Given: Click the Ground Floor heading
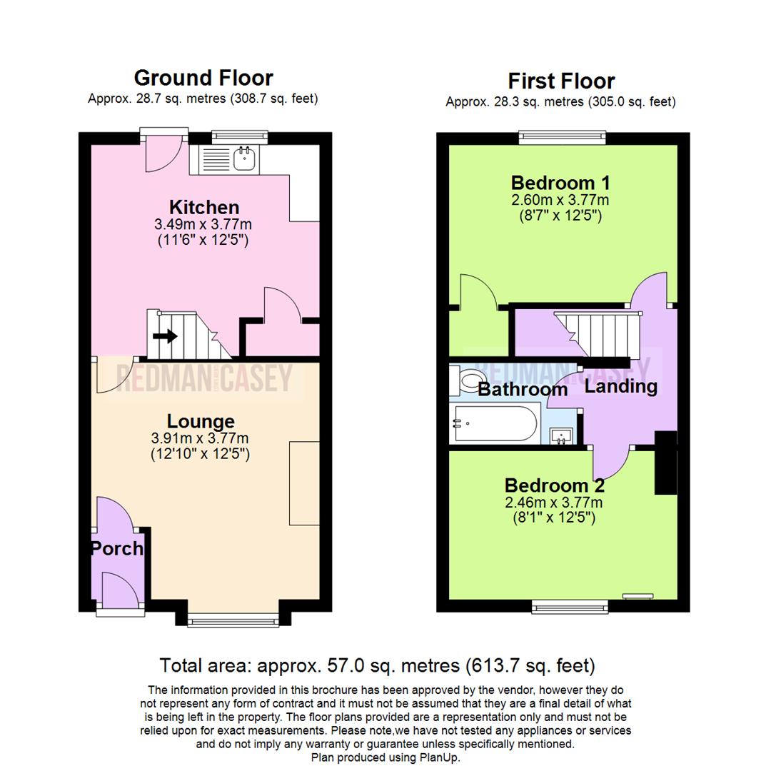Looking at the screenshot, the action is point(203,79).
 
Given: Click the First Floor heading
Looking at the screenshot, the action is point(561,81).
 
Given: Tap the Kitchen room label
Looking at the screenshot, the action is point(204,207).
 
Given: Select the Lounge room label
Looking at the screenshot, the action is point(201,421).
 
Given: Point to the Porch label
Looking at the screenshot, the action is point(117,549).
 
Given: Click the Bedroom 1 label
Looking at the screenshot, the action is point(560,183).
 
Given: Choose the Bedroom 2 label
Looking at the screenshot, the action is point(555,485).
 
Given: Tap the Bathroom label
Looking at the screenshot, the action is point(523,390).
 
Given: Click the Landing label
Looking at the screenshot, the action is point(621,386).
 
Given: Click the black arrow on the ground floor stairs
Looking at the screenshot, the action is point(165,336).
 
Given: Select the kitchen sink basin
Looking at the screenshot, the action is point(244,158).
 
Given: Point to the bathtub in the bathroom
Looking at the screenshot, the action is point(495,423).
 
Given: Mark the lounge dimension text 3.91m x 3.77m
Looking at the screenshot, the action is point(200,438).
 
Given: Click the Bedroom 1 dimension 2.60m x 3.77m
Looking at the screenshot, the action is point(560,200).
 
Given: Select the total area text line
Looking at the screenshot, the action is point(377,666).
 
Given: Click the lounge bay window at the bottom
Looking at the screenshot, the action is point(233,620).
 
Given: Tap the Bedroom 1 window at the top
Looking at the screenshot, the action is point(563,137).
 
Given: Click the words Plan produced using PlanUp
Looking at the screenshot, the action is point(385,757).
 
